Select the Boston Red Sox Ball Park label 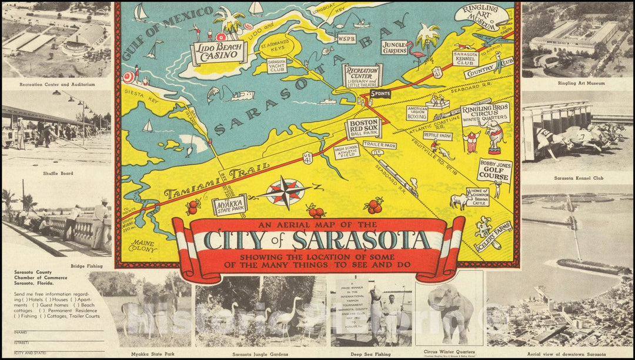click(x=363, y=128)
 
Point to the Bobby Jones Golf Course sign click(x=494, y=171)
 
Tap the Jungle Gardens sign click(x=394, y=47)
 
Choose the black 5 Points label click(x=380, y=94)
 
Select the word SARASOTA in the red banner click(x=361, y=240)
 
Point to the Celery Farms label click(x=494, y=235)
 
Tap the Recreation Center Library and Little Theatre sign click(x=362, y=75)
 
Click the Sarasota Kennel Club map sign click(x=465, y=58)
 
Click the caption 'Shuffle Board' click(x=56, y=173)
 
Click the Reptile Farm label click(x=437, y=136)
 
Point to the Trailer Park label click(x=379, y=144)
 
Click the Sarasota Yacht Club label click(x=277, y=65)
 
